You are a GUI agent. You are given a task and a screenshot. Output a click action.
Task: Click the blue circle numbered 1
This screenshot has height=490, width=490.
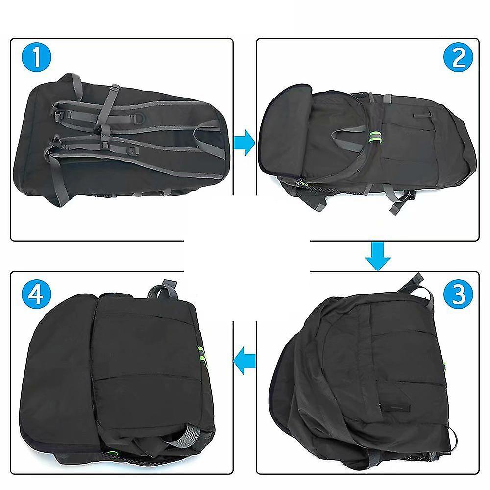[x=36, y=57]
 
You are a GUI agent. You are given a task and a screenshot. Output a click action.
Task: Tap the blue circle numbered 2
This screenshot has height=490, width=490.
[x=458, y=57]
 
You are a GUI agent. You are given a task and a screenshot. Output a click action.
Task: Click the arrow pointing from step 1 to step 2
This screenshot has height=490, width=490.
[x=245, y=143]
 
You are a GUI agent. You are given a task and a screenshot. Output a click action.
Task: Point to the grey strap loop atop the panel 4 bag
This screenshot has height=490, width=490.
[x=164, y=290]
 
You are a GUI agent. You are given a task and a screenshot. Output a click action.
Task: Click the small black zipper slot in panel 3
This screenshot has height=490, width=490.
[x=395, y=407]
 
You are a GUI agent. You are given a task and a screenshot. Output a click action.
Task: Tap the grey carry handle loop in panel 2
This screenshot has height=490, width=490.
[x=347, y=138]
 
